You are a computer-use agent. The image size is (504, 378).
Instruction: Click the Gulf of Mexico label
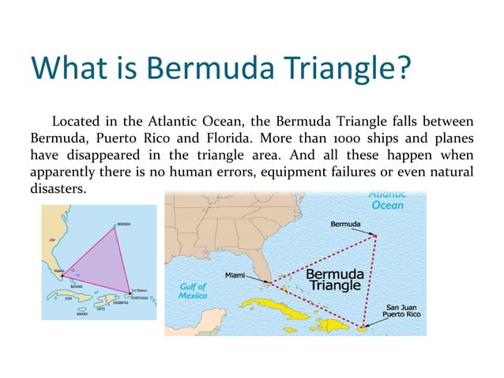point(192,290)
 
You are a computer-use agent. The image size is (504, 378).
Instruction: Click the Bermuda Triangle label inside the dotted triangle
point(334,278)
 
